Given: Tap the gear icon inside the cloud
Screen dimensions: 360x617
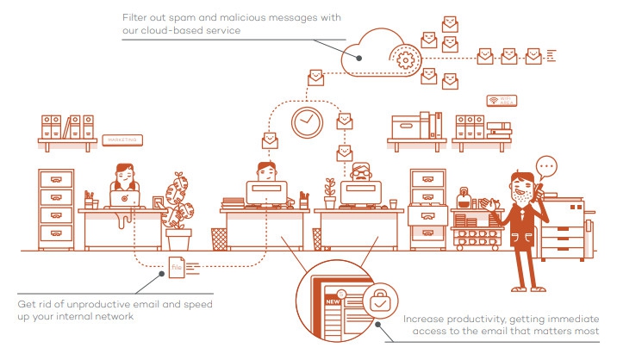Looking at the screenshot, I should click(x=406, y=59).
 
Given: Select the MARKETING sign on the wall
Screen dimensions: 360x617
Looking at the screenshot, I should click(x=121, y=140).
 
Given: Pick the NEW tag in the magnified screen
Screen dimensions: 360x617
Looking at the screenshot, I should click(x=330, y=304).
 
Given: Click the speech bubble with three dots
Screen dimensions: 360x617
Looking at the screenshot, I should click(x=546, y=167).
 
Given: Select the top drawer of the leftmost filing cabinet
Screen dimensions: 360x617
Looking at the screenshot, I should click(x=55, y=180).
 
